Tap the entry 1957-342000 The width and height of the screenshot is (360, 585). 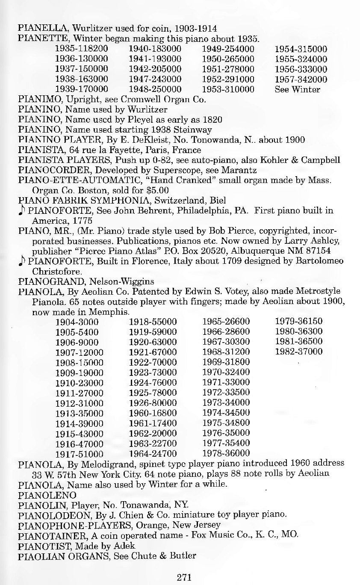tap(301, 80)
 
